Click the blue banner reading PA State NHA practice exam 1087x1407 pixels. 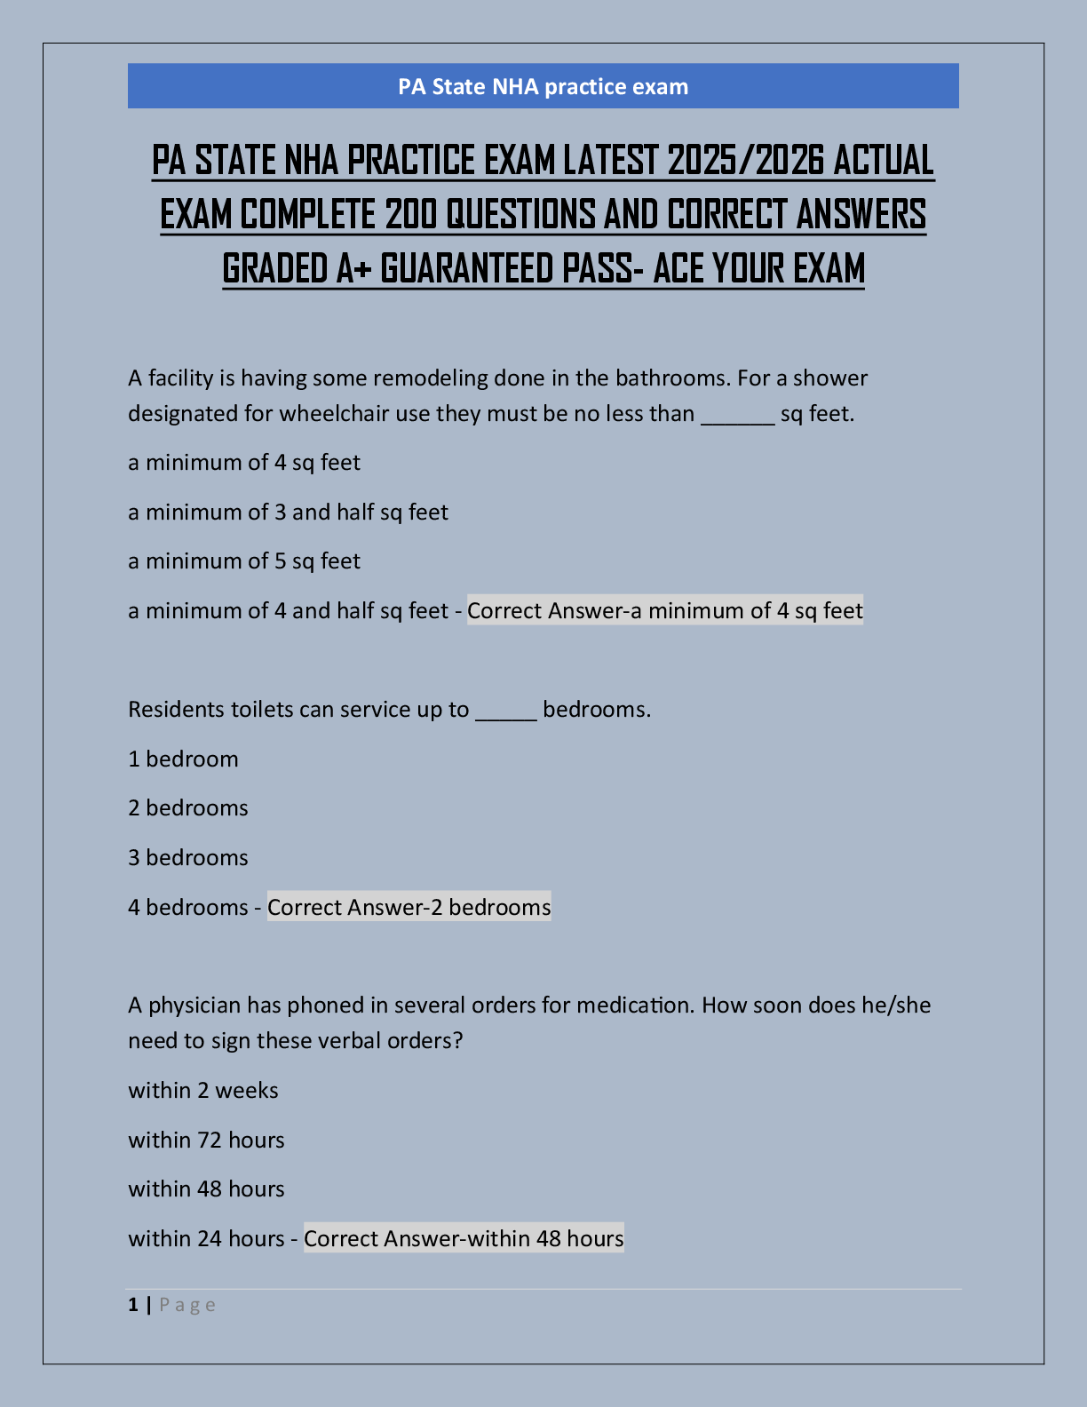pyautogui.click(x=543, y=86)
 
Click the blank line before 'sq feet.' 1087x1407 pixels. pyautogui.click(x=737, y=416)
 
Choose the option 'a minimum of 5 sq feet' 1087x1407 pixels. pyautogui.click(x=244, y=561)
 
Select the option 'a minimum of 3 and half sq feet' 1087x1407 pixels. pyautogui.click(x=288, y=513)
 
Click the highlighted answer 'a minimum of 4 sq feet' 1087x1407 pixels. pyautogui.click(x=665, y=611)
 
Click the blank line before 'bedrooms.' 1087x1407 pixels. pyautogui.click(x=506, y=711)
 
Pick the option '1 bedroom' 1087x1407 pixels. pyautogui.click(x=183, y=759)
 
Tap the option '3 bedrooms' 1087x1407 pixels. pyautogui.click(x=188, y=858)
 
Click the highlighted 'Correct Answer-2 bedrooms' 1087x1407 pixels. pyautogui.click(x=409, y=907)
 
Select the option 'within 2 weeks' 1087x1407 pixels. pyautogui.click(x=203, y=1091)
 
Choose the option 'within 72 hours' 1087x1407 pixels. pyautogui.click(x=206, y=1141)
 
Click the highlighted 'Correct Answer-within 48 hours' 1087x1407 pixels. pyautogui.click(x=464, y=1238)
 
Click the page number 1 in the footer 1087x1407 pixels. pyautogui.click(x=133, y=1305)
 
